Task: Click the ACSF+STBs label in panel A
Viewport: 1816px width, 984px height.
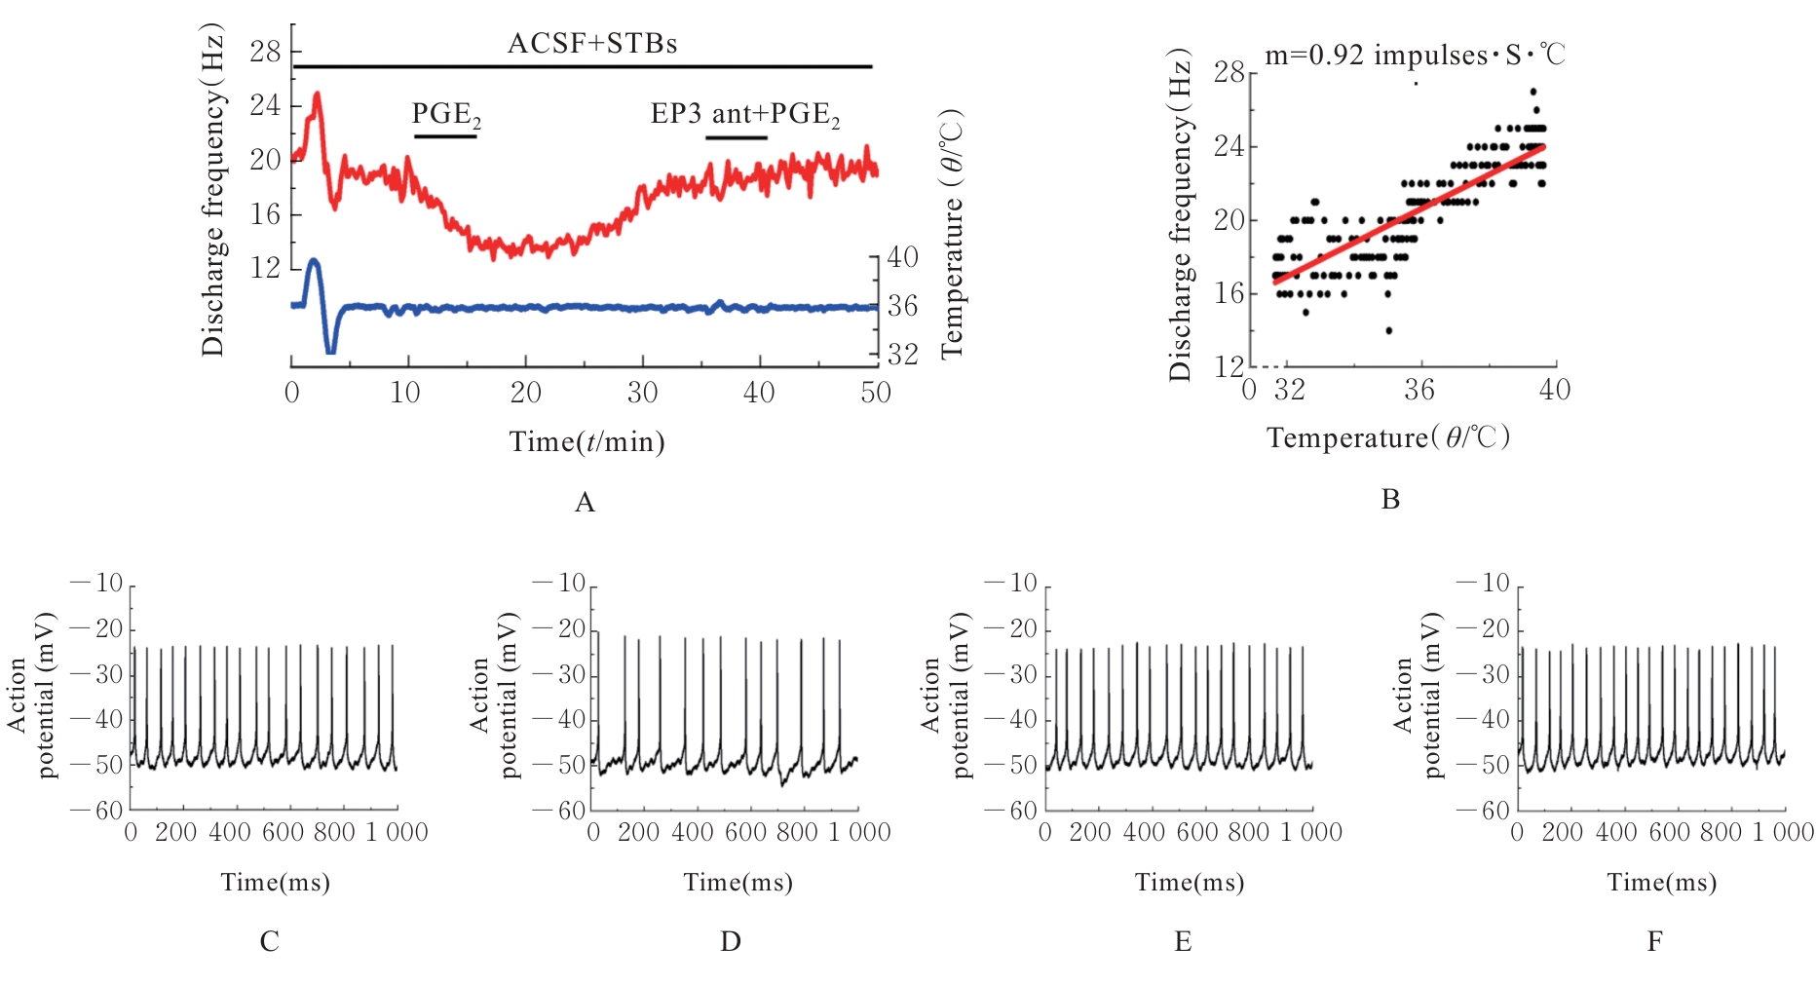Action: point(592,44)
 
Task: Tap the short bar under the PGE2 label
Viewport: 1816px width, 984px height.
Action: point(445,136)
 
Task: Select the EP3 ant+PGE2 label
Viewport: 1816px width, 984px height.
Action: point(745,115)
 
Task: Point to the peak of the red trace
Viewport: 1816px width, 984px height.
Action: point(317,95)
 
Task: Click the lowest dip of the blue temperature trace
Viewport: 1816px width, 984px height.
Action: point(330,350)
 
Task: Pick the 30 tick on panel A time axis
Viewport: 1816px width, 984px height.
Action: point(642,393)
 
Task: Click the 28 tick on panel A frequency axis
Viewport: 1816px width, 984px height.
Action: point(266,52)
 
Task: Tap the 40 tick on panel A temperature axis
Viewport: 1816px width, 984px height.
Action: point(902,257)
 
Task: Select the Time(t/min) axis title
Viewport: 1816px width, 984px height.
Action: point(586,442)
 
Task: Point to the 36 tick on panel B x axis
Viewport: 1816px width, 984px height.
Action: point(1419,390)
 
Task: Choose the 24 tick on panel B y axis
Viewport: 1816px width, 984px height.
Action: point(1230,146)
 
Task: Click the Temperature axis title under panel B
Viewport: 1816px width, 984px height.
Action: point(1388,437)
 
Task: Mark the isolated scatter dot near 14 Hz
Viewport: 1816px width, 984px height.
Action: point(1389,330)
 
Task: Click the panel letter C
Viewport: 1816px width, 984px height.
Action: point(269,941)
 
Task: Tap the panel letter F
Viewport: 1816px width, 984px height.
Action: point(1654,941)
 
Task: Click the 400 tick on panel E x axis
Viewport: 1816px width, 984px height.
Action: point(1143,833)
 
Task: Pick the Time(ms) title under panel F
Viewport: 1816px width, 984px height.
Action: point(1661,883)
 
